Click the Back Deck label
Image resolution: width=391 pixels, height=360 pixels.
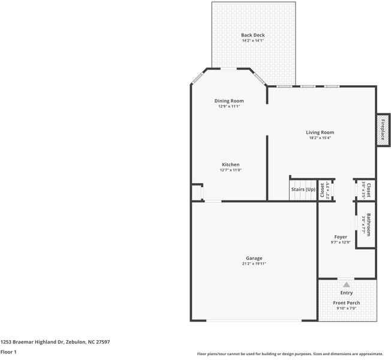(x=252, y=35)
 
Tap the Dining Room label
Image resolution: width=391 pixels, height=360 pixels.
(x=229, y=101)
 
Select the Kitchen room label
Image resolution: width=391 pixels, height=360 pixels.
(x=231, y=164)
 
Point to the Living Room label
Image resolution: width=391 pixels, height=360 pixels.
(x=320, y=133)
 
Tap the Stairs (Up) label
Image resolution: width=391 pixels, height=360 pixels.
(x=303, y=190)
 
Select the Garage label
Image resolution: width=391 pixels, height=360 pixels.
(x=254, y=258)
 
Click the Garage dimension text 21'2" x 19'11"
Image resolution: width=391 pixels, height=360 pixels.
(x=254, y=263)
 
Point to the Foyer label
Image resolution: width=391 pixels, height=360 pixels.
(x=341, y=237)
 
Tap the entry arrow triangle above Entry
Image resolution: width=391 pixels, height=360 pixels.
(x=346, y=284)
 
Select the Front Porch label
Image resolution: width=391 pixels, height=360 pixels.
(x=347, y=303)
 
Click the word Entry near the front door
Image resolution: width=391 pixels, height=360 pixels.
(x=347, y=293)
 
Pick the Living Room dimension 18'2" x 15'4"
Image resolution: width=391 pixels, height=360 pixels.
(x=320, y=138)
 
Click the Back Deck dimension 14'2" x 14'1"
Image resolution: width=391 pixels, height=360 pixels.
(x=252, y=41)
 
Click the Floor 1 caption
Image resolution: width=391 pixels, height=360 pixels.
(x=8, y=352)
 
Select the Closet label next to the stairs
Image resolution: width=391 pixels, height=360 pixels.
(x=322, y=190)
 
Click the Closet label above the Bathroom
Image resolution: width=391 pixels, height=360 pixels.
(x=368, y=190)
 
